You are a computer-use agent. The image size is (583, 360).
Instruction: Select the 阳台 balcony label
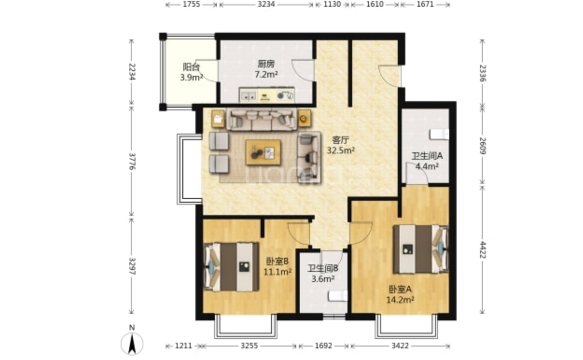tap(191, 68)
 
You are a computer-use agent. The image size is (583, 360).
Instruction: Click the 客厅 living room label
tap(340, 140)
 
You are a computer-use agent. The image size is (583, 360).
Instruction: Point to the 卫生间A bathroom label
tap(426, 156)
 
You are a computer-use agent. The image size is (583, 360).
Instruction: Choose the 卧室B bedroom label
tap(277, 261)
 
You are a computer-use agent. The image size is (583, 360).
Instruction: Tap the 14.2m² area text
tap(401, 299)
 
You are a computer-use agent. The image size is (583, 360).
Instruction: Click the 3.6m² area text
tap(322, 279)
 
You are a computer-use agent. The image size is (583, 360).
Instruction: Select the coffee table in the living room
tap(263, 152)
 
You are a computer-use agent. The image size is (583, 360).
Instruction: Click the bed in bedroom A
tap(421, 249)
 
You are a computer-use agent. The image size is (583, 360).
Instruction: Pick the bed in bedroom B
tap(232, 267)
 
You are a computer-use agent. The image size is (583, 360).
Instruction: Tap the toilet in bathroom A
tap(439, 135)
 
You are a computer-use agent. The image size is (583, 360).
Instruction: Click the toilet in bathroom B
tap(338, 296)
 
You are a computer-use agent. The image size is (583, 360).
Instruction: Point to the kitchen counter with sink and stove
tap(267, 95)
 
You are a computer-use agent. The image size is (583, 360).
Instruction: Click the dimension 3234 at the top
tap(266, 4)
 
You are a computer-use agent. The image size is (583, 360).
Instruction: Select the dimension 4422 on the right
tap(482, 250)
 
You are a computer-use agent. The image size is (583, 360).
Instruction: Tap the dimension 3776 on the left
tap(131, 161)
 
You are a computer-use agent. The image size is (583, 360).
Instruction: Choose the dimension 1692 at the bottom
tap(323, 346)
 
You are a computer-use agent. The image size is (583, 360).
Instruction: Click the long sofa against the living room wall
tap(262, 119)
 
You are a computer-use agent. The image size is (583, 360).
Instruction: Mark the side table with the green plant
tap(304, 119)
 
